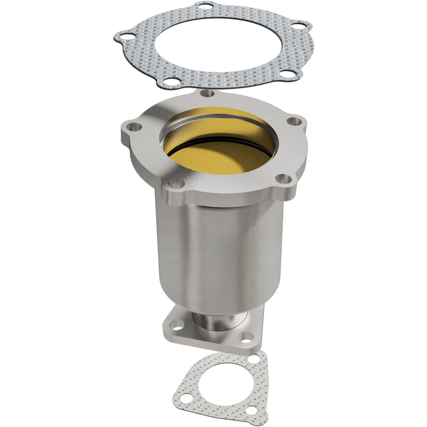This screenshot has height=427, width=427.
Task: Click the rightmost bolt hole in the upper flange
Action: tap(295, 121)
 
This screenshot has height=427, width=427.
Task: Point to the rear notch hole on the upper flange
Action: tap(208, 93)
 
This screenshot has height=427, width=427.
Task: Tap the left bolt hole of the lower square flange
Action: tap(177, 324)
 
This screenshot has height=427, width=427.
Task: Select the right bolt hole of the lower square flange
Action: tap(246, 336)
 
